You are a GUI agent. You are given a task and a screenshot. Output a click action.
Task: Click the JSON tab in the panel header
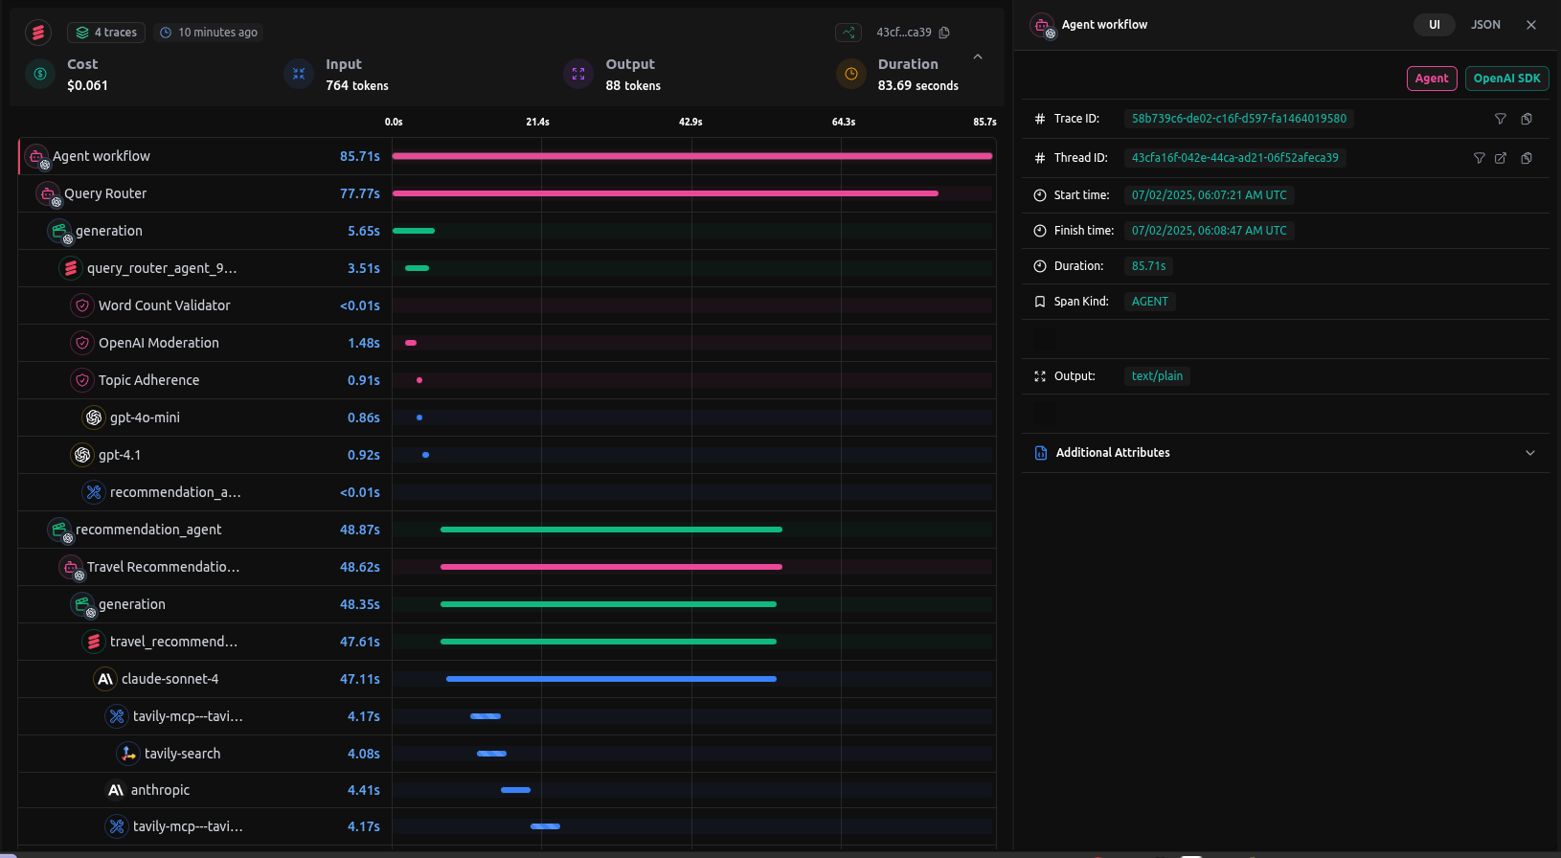[x=1485, y=25]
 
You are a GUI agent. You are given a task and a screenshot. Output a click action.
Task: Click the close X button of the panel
[x=1531, y=25]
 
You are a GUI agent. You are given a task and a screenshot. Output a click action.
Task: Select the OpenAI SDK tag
[x=1506, y=79]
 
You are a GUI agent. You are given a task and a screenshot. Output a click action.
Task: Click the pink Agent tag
[x=1432, y=79]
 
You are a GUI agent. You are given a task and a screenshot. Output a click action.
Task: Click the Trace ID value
[x=1238, y=119]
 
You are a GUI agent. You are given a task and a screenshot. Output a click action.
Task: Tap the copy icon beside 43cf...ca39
[x=944, y=33]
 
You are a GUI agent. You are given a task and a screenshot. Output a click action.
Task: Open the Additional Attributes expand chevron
[x=1529, y=453]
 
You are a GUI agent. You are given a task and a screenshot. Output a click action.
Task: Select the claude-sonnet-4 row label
[x=170, y=679]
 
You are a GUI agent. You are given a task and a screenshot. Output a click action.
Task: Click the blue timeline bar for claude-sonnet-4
[x=611, y=679]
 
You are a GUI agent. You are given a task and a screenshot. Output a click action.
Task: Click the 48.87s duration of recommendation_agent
[x=359, y=530]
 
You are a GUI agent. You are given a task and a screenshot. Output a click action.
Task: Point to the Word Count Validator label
[x=164, y=305]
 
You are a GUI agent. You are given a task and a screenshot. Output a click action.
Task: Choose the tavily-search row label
[x=182, y=754]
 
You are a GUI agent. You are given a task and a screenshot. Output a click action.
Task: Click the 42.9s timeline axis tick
[x=690, y=122]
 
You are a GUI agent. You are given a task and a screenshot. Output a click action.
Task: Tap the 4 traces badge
[x=106, y=33]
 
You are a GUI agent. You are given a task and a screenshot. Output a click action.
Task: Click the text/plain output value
[x=1157, y=376]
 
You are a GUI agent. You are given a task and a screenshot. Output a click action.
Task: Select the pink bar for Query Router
[x=665, y=193]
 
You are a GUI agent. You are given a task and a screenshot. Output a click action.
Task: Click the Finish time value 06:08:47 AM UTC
[x=1209, y=231]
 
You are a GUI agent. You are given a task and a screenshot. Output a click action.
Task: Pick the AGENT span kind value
[x=1149, y=302]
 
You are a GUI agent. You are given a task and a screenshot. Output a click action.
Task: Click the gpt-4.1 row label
[x=120, y=455]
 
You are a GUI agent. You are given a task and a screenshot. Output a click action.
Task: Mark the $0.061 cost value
[x=87, y=85]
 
